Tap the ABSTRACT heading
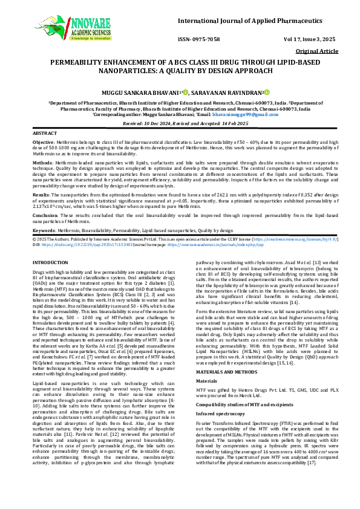coord(45,132)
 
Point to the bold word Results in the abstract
coord(41,195)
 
